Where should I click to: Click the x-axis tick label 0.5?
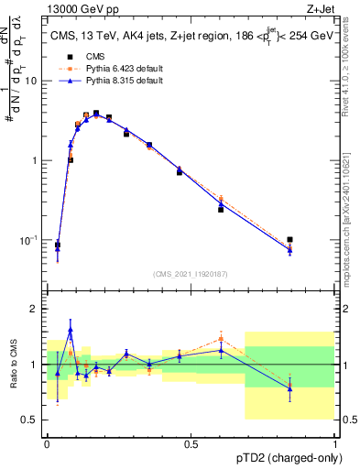(x=191, y=443)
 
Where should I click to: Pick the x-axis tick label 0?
(x=47, y=443)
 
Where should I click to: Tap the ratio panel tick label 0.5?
(x=31, y=420)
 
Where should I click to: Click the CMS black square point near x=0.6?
(x=221, y=210)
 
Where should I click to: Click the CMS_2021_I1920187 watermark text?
(x=191, y=273)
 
